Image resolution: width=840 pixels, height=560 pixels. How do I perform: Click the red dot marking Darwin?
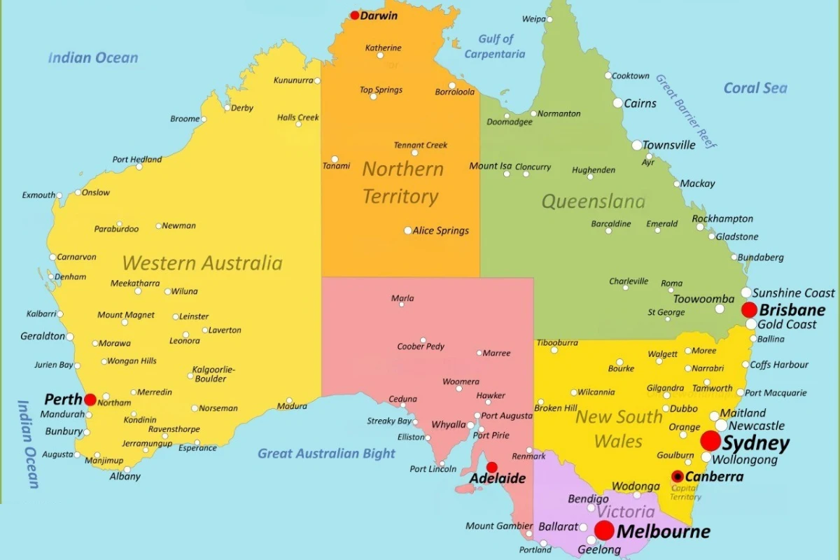355,15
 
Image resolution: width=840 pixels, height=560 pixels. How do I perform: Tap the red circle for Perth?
90,400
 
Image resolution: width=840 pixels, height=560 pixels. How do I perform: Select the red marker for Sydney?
710,441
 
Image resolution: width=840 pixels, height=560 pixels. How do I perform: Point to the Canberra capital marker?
678,477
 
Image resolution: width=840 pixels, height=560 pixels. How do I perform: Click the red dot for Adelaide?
492,468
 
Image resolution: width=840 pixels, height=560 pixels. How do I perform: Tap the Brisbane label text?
792,310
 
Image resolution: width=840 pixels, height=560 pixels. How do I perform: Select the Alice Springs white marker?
408,230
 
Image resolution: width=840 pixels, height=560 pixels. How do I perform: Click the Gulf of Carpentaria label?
495,46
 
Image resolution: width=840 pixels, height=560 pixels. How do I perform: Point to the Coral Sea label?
755,88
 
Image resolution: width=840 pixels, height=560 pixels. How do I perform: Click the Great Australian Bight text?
326,454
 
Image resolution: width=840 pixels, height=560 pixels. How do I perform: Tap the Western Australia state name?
202,263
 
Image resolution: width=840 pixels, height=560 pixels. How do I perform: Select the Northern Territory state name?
402,183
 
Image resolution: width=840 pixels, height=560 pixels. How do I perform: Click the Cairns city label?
640,104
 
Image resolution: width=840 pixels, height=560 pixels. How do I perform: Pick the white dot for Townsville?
637,146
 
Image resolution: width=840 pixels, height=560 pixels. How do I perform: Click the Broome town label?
185,119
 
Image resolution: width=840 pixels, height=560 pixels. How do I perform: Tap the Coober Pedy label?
421,346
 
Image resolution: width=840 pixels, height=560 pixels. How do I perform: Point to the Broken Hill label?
556,408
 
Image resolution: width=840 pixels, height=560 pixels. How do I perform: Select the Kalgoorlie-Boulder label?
213,374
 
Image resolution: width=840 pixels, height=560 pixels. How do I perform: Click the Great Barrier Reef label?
687,111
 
